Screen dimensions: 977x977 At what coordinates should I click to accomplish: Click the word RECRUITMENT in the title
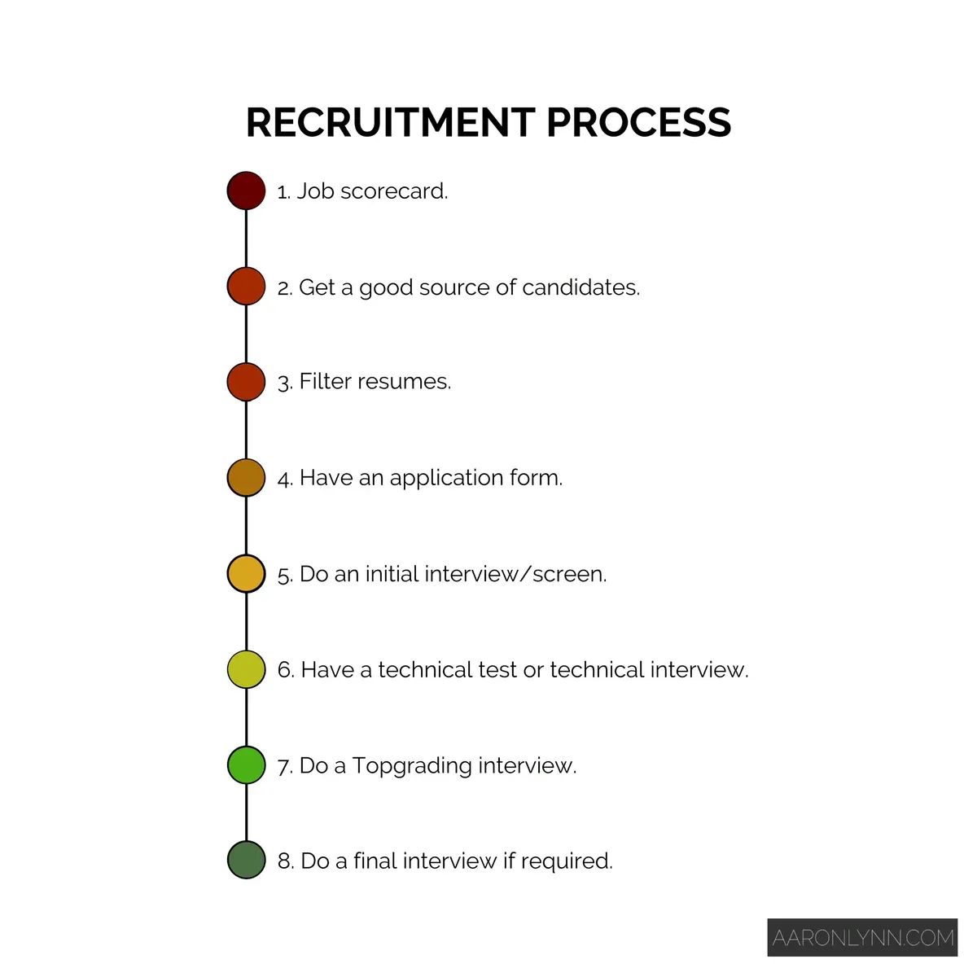[390, 123]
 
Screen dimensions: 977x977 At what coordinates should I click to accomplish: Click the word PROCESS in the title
[638, 123]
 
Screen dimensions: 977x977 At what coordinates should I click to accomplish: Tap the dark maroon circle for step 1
[246, 191]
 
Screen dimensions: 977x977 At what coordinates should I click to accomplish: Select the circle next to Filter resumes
[246, 382]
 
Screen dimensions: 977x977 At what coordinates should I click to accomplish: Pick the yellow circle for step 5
[246, 574]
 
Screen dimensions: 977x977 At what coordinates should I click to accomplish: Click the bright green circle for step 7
[246, 765]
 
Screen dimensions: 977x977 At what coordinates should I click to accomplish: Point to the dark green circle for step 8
[246, 861]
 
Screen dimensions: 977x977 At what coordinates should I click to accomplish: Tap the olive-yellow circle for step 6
[246, 669]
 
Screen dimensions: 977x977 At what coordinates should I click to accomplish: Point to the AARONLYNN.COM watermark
[862, 938]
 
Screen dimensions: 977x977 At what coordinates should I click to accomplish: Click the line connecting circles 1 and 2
[246, 239]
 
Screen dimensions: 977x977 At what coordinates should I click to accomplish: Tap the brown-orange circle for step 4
[246, 478]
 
